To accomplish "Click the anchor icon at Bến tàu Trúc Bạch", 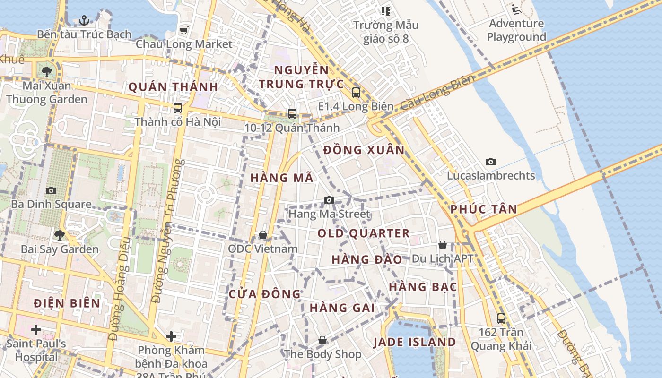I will (84, 20).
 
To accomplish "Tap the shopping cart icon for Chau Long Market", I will (183, 30).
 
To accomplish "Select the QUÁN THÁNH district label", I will (173, 87).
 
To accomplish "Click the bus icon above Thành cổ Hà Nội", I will (177, 108).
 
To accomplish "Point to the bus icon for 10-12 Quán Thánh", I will (292, 114).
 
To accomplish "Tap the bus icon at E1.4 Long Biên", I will (356, 93).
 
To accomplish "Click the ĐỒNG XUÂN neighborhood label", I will (364, 150).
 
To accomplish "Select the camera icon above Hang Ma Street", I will (329, 200).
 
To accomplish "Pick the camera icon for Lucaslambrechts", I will (491, 162).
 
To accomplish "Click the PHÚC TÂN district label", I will (483, 209).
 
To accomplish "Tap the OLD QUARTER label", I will (363, 233).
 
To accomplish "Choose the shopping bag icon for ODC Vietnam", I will (263, 235).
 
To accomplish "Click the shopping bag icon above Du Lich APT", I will (443, 245).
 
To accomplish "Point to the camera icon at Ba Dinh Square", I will (51, 190).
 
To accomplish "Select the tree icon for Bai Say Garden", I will (60, 235).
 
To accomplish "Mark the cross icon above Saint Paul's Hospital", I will (36, 329).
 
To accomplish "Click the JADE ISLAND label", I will (415, 342).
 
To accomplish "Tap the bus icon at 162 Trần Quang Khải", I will (501, 318).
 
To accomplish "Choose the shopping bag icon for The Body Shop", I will (322, 340).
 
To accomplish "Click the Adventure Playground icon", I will (516, 9).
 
